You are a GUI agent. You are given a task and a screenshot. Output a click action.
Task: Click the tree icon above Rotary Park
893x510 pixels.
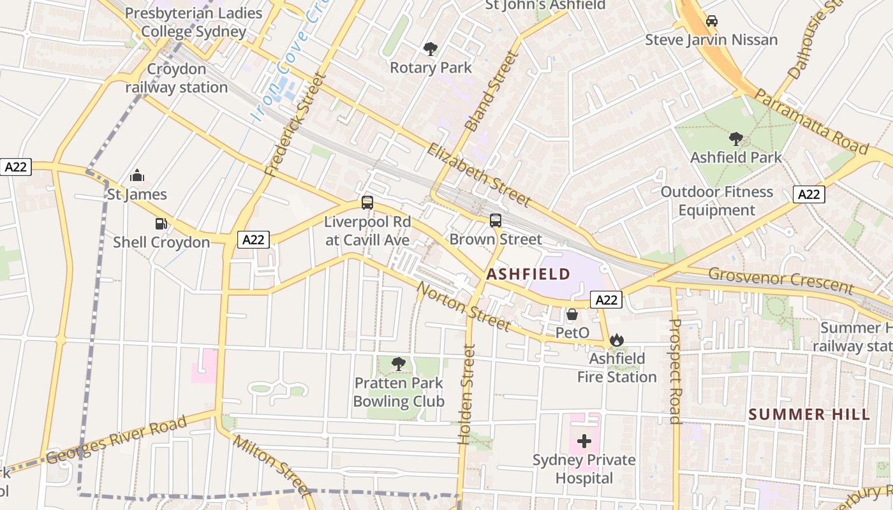tap(431, 48)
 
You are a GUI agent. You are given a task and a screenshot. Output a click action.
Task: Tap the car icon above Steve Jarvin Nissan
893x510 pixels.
tap(711, 21)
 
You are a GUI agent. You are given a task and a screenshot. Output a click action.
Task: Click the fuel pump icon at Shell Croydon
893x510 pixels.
tap(161, 224)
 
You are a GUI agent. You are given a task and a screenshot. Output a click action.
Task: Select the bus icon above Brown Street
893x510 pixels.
tap(496, 221)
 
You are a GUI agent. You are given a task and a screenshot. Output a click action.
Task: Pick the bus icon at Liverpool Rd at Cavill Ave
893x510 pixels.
tap(367, 203)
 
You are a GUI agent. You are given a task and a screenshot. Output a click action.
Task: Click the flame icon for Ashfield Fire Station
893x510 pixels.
tap(616, 340)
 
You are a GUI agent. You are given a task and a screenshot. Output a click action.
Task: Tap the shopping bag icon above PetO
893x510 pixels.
tap(572, 314)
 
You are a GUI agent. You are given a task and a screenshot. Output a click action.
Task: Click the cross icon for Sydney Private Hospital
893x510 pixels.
tap(584, 441)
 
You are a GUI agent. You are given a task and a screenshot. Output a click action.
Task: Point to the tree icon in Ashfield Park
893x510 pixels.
tap(735, 138)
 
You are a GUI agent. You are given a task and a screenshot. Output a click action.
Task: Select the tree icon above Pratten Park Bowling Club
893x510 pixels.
tap(399, 364)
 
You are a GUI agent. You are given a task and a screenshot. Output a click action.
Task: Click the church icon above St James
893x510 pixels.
tap(137, 175)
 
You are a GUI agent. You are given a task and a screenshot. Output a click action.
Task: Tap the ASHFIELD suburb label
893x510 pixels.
tap(528, 275)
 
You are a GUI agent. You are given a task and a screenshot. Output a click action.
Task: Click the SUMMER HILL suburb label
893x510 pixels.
tap(809, 414)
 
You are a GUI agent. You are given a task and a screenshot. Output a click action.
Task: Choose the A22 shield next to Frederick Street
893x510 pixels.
tap(254, 240)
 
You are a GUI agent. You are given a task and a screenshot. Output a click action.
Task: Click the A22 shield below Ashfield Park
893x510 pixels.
tap(809, 194)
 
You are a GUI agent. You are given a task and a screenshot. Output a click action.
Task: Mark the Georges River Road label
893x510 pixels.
tap(117, 440)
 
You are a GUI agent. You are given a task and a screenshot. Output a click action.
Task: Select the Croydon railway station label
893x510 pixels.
tap(177, 78)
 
